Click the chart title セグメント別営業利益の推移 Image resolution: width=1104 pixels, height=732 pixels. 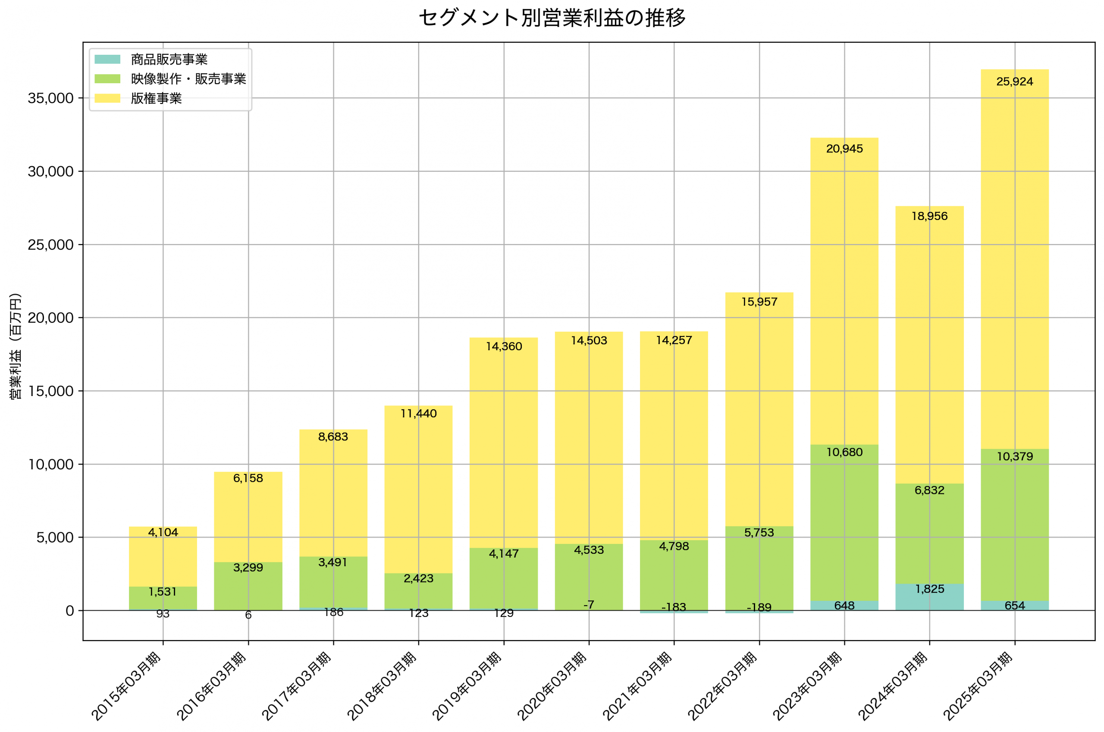pyautogui.click(x=552, y=18)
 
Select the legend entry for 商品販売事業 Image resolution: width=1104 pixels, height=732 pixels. pyautogui.click(x=169, y=59)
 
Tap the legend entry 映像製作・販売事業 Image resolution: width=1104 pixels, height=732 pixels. pyautogui.click(x=188, y=79)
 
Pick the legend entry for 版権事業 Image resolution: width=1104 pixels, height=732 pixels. pyautogui.click(x=156, y=98)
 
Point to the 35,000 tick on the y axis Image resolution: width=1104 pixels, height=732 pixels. pyautogui.click(x=50, y=98)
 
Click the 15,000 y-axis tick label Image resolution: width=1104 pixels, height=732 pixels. pyautogui.click(x=50, y=391)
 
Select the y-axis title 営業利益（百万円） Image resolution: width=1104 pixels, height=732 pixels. pyautogui.click(x=16, y=346)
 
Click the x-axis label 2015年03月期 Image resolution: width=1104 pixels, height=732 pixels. pyautogui.click(x=126, y=686)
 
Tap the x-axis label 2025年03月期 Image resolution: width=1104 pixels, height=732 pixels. pyautogui.click(x=978, y=686)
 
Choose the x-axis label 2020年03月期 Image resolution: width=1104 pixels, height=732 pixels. pyautogui.click(x=552, y=686)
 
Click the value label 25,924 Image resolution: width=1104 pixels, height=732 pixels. pyautogui.click(x=1014, y=82)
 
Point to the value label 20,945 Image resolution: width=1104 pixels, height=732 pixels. pyautogui.click(x=844, y=149)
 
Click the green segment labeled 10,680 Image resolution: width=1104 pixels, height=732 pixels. pyautogui.click(x=844, y=523)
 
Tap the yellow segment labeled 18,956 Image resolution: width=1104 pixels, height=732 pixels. pyautogui.click(x=929, y=346)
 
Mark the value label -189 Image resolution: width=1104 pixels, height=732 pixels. pyautogui.click(x=759, y=608)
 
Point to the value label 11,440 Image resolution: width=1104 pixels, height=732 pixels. pyautogui.click(x=419, y=414)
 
